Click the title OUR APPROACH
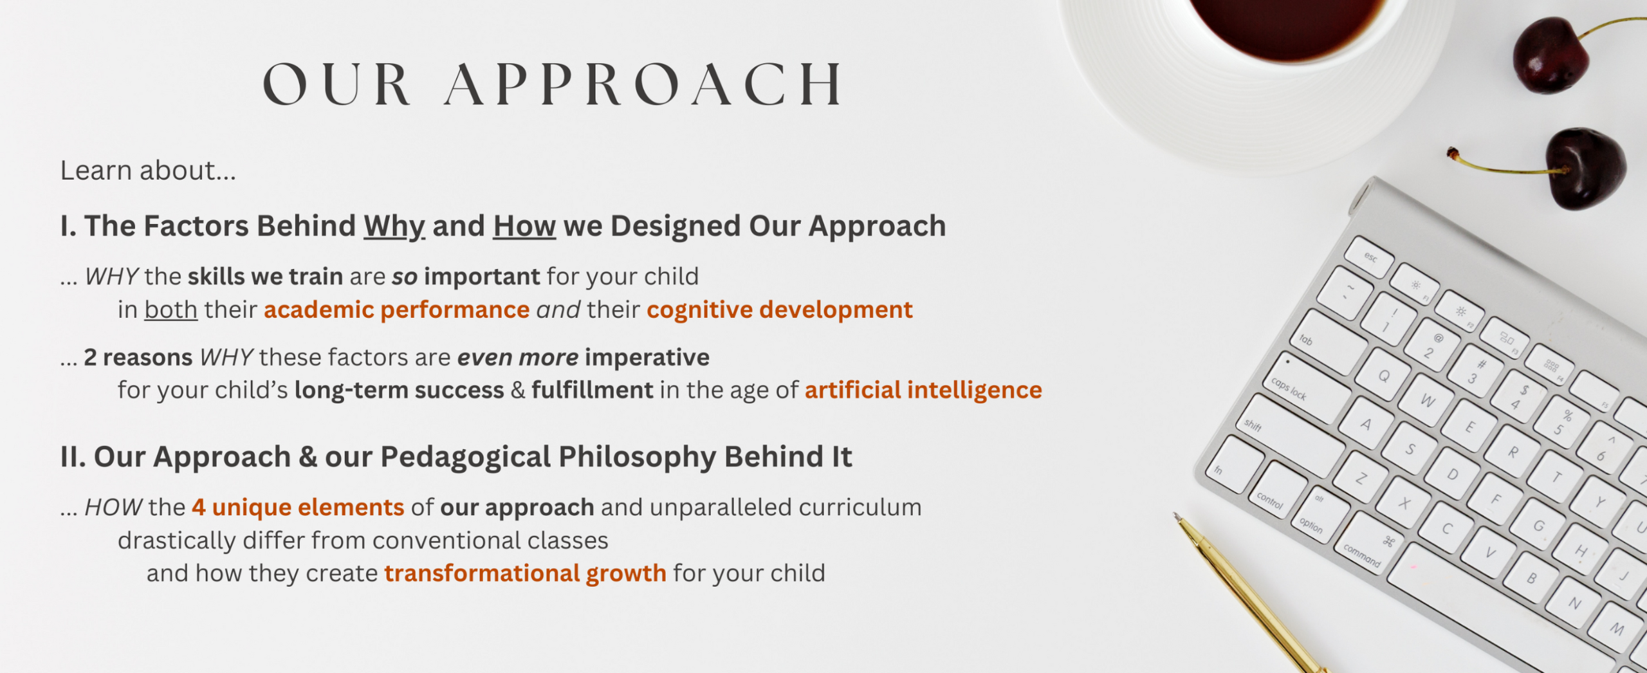tap(553, 84)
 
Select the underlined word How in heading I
tap(524, 226)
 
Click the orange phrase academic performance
tap(396, 310)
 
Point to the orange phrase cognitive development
tap(780, 310)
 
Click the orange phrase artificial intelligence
tap(923, 390)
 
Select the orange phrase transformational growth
tap(525, 573)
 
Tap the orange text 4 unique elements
tap(298, 508)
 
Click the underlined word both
tap(170, 310)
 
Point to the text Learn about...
tap(148, 171)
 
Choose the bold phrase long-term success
tap(399, 391)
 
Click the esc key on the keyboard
tap(1369, 256)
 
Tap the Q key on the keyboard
tap(1383, 375)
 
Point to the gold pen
tap(1248, 592)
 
